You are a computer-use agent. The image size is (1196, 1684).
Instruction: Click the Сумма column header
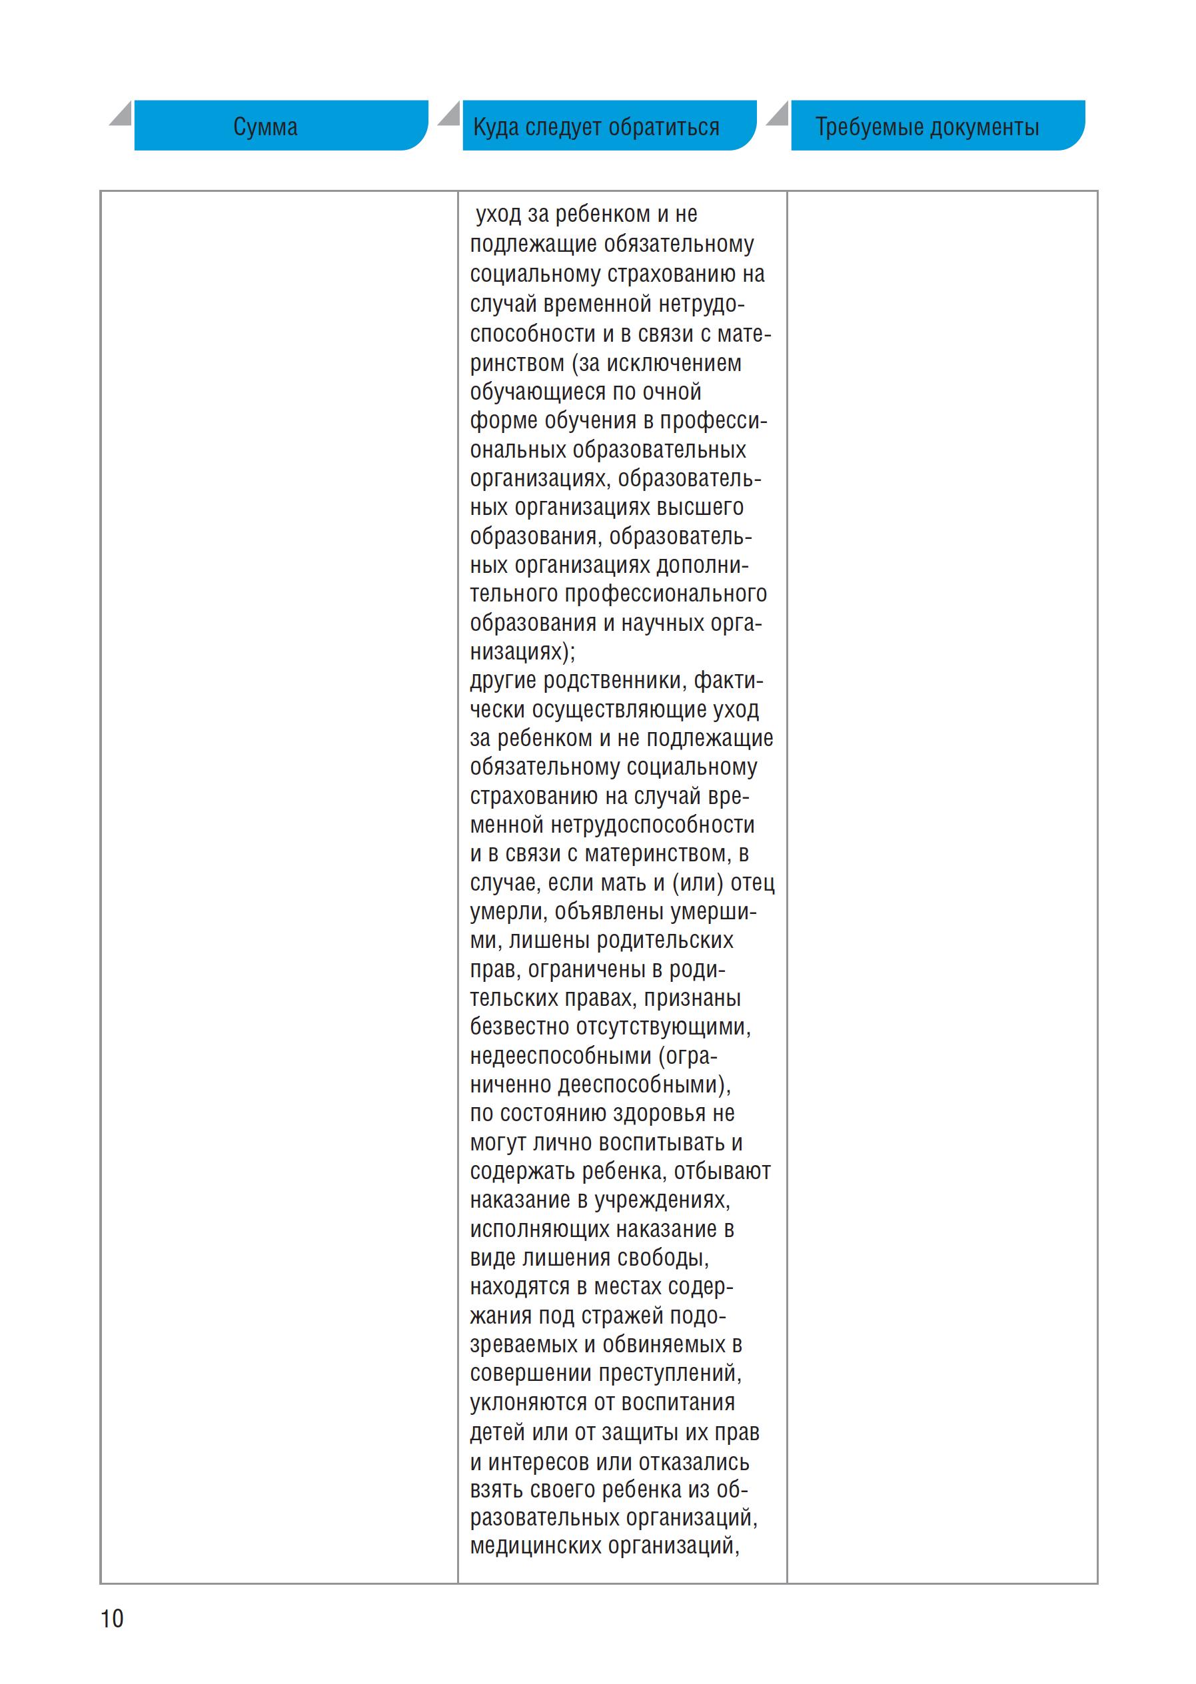266,127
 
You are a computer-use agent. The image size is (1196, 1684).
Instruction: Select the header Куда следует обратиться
596,127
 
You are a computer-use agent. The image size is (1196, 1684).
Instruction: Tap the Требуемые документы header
927,127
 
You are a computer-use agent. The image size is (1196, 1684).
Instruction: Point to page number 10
112,1618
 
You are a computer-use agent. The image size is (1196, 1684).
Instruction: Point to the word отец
753,882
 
